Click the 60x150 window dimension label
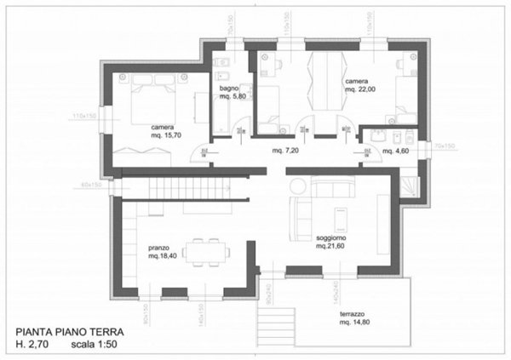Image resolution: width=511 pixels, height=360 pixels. pos(91,185)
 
